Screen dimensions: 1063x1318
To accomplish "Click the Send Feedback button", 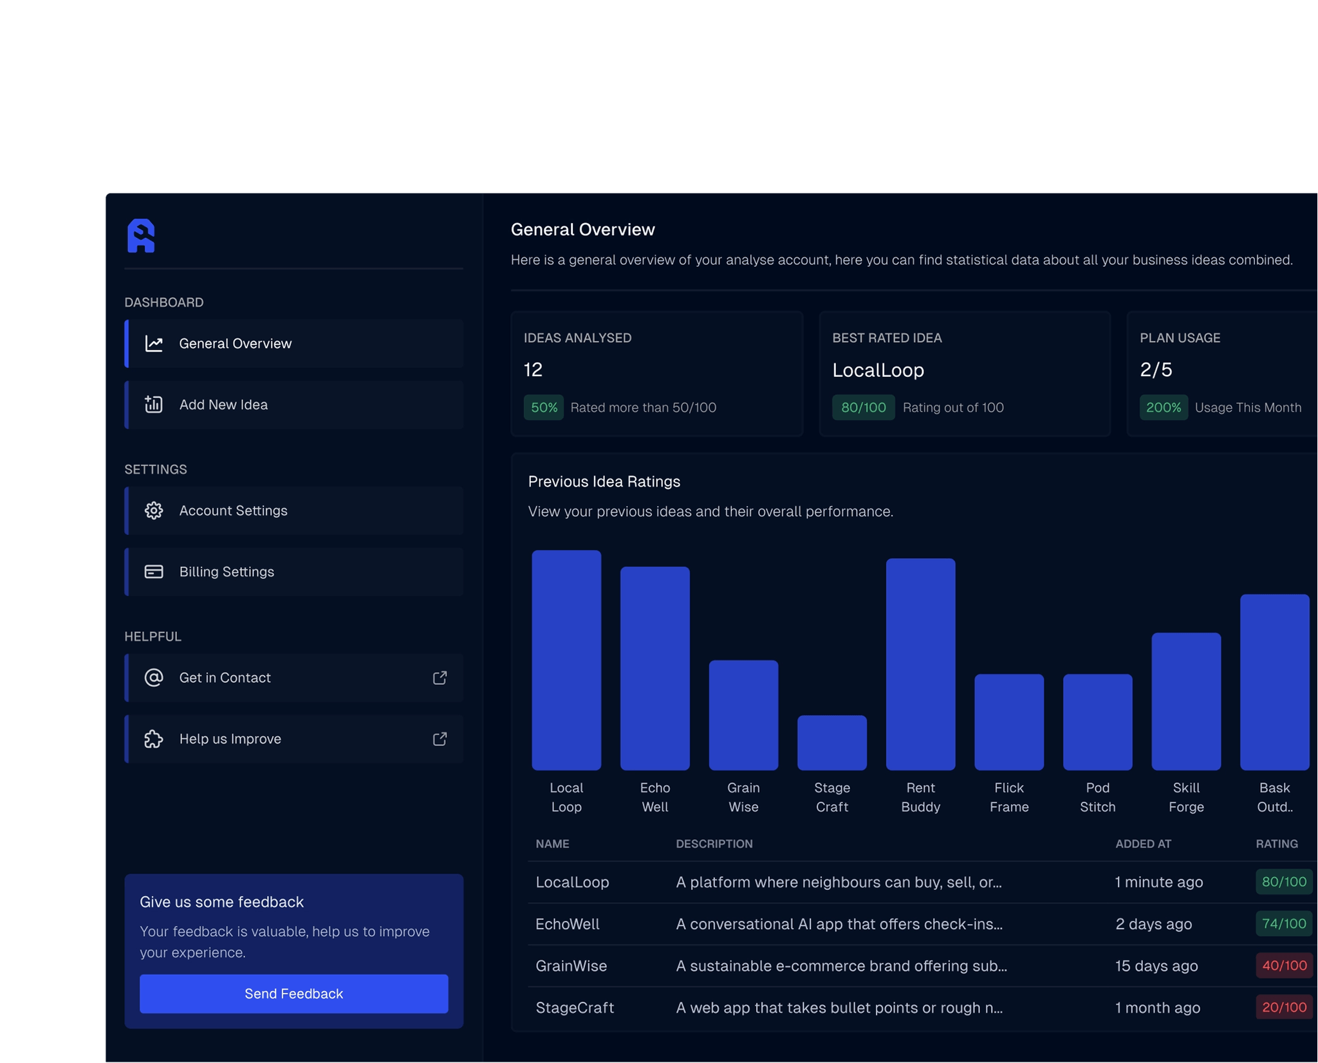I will (293, 993).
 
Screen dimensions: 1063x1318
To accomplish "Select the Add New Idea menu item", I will (293, 404).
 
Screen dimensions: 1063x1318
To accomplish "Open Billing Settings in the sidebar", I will (293, 572).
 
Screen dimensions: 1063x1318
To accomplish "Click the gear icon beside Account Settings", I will (154, 511).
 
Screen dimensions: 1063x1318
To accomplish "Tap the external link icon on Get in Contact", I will (440, 678).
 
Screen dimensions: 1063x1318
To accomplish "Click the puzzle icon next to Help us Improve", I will (154, 739).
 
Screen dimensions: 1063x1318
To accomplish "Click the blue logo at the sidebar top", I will (141, 235).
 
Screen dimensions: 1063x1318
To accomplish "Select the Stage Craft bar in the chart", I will (831, 742).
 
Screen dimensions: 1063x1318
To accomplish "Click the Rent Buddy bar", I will (920, 664).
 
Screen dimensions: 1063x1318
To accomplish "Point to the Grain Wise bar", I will (743, 714).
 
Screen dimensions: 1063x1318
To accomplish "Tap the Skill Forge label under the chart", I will (1185, 797).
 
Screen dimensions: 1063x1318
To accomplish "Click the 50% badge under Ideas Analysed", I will (543, 407).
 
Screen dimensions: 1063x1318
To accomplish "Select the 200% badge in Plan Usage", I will (1163, 407).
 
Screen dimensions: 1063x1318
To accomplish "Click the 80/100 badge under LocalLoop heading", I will (863, 407).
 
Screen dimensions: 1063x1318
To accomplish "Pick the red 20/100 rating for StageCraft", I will (1283, 1007).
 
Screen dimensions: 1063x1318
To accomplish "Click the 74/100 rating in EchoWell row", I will (1283, 923).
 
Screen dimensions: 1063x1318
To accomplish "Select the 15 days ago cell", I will (1156, 965).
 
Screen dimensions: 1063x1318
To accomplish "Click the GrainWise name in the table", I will (571, 965).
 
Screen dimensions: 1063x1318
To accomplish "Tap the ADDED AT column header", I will (1143, 844).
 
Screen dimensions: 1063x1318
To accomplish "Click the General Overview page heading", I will (582, 230).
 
